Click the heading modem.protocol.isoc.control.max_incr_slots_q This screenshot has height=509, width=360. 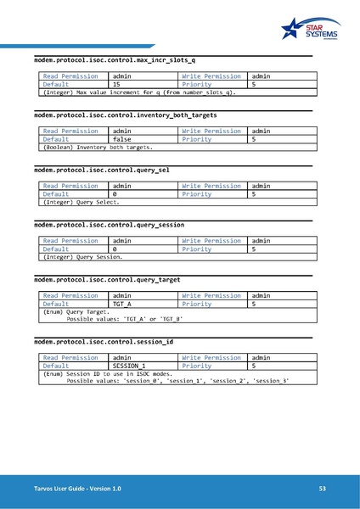[x=115, y=60]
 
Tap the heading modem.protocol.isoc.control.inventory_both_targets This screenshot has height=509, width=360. [x=125, y=115]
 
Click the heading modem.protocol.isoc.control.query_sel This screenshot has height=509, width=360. [x=101, y=170]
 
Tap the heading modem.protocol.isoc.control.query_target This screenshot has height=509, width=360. [x=106, y=279]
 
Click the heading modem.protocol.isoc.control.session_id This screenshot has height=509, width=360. [x=104, y=341]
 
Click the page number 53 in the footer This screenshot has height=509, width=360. [x=323, y=489]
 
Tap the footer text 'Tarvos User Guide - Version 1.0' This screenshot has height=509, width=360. [x=71, y=489]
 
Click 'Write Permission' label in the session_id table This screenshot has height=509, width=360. [x=211, y=357]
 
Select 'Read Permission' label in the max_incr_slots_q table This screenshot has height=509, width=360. [x=70, y=76]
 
